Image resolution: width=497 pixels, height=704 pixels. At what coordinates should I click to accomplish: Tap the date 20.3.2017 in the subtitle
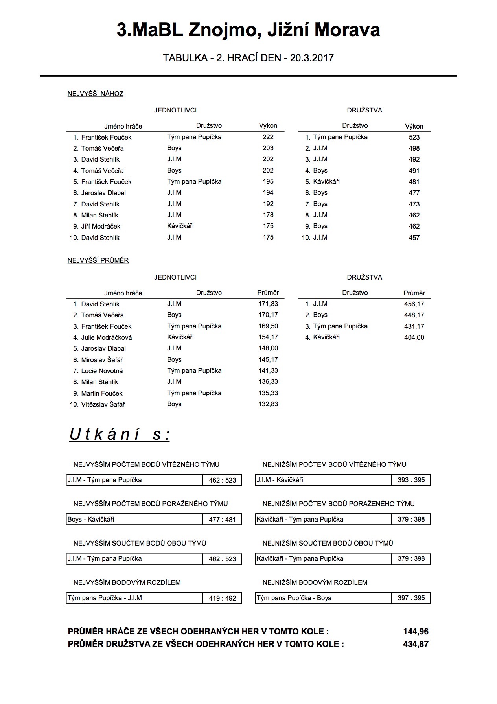point(312,58)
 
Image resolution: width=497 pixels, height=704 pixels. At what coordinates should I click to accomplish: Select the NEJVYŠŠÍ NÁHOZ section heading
point(96,94)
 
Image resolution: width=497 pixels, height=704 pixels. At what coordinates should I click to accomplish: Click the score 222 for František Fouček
point(268,137)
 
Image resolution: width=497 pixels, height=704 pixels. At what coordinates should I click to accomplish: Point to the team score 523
point(414,137)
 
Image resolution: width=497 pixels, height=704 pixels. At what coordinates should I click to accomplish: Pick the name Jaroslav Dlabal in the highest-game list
point(103,193)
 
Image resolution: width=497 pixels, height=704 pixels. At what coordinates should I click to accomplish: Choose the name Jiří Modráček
point(101,226)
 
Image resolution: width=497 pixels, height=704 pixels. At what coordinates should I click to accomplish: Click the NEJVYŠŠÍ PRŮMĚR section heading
point(98,260)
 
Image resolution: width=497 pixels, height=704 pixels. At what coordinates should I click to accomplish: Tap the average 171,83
point(268,304)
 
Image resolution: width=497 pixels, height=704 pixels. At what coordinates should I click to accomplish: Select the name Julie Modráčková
point(107,337)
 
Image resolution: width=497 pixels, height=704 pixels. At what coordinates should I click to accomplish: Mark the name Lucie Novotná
point(102,371)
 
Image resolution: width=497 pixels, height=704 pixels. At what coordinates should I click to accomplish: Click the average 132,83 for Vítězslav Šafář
point(268,404)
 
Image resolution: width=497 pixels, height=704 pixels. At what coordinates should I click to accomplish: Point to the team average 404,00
point(414,337)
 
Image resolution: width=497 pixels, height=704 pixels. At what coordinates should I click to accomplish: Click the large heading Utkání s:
point(120,435)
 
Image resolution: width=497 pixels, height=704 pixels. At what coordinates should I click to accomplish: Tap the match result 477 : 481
point(222,520)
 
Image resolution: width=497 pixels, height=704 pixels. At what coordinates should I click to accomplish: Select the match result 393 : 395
point(411,480)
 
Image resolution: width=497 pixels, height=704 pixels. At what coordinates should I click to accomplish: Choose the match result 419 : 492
point(222,598)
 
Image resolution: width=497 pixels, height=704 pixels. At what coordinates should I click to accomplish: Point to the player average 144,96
point(416,632)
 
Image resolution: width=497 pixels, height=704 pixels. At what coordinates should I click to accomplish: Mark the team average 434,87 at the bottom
point(416,644)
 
